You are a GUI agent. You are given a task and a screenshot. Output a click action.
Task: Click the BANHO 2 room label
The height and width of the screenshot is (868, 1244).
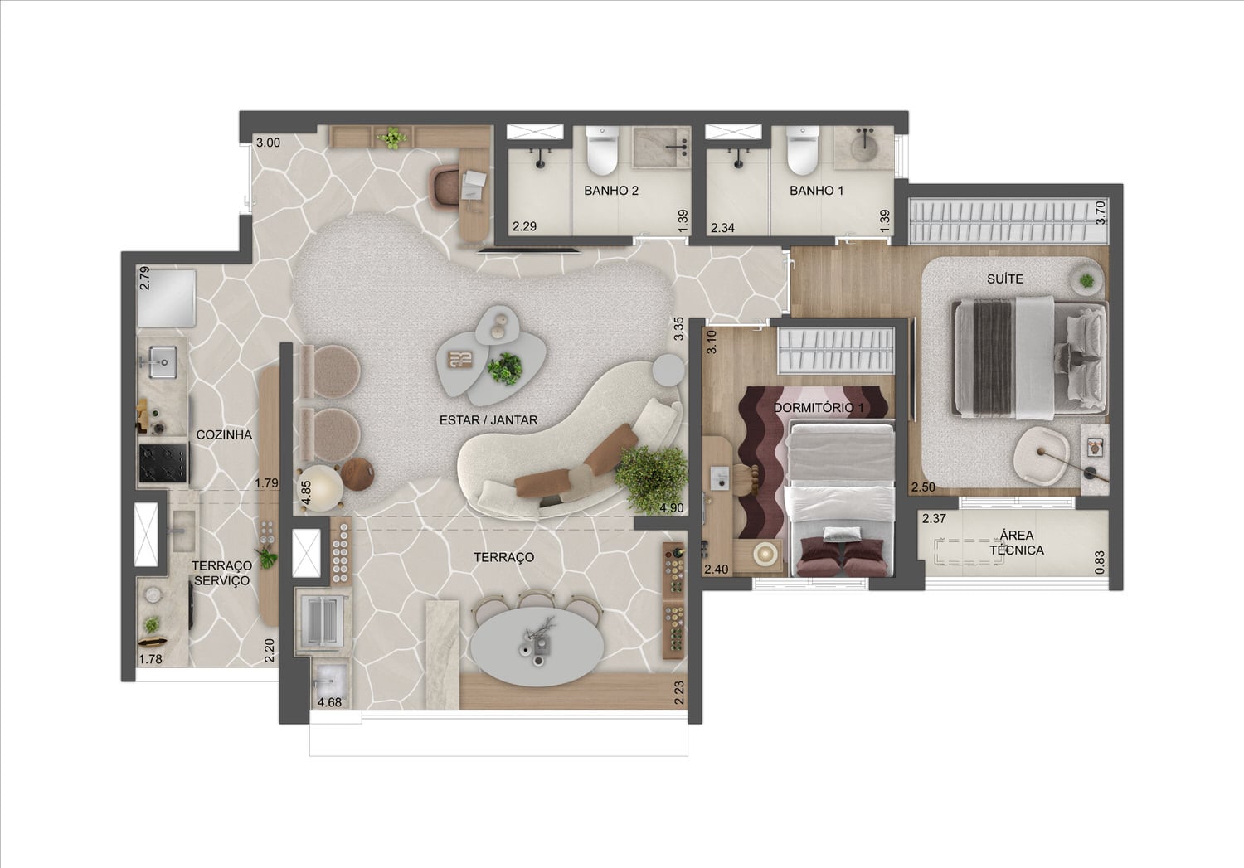click(611, 191)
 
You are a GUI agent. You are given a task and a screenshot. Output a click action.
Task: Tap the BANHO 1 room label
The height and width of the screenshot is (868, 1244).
click(816, 191)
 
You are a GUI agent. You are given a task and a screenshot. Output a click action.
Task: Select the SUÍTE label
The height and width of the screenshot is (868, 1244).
click(1004, 279)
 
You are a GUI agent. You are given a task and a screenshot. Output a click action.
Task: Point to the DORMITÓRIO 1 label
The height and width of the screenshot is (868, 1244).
click(819, 408)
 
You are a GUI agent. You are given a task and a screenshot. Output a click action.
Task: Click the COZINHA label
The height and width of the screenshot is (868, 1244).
click(224, 434)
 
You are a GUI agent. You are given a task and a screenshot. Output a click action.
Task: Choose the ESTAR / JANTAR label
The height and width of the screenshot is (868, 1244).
click(488, 420)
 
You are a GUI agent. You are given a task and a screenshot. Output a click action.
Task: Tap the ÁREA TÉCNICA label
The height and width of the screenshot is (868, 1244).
click(1017, 543)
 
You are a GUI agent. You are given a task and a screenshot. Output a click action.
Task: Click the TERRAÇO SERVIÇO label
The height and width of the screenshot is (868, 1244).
click(221, 573)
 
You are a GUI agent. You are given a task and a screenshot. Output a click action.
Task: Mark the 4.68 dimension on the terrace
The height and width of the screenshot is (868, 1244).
click(329, 703)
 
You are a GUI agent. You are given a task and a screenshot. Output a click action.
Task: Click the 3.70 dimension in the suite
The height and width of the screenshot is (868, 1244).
click(1101, 212)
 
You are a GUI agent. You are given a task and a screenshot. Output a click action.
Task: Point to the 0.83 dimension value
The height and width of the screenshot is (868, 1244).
click(1100, 562)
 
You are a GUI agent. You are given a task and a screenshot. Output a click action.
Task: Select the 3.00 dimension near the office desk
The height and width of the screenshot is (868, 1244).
click(268, 143)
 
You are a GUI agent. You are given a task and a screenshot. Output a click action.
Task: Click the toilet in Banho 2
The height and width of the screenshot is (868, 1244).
click(602, 150)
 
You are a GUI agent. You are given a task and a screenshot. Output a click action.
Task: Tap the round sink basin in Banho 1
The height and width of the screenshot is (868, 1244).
click(863, 147)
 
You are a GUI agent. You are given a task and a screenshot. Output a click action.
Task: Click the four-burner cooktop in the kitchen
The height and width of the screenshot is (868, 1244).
click(164, 463)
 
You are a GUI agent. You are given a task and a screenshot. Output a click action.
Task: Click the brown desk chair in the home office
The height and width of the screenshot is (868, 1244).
click(445, 187)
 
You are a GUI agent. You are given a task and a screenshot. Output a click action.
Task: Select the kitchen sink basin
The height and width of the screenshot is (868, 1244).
click(163, 361)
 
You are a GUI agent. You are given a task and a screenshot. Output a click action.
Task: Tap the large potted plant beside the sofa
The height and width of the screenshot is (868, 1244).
click(651, 479)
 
